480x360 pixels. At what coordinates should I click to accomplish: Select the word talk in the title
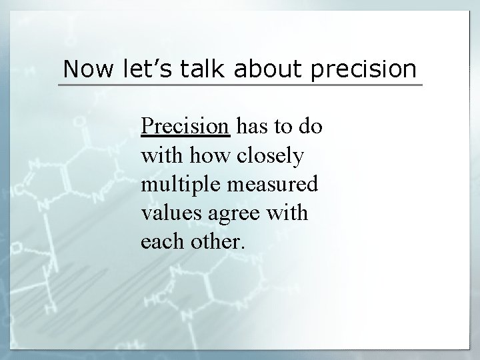pos(197,69)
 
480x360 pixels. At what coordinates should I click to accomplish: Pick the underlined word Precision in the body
pos(185,127)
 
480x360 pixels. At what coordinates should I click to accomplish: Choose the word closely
pos(271,157)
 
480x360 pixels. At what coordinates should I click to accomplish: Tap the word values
pos(166,214)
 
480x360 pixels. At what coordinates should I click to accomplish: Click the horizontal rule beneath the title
pos(240,85)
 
